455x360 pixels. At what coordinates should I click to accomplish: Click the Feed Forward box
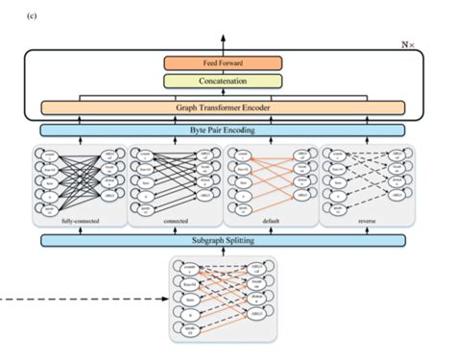coord(223,62)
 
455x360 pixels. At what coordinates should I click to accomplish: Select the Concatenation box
coord(223,82)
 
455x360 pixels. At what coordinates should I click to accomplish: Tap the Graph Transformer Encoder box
coord(223,108)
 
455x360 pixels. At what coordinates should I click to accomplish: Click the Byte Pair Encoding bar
coord(223,130)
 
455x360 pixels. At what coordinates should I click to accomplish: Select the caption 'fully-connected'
coord(80,223)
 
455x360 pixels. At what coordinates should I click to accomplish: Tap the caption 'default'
coord(269,223)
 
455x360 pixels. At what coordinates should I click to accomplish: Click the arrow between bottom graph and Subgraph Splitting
coord(223,252)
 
